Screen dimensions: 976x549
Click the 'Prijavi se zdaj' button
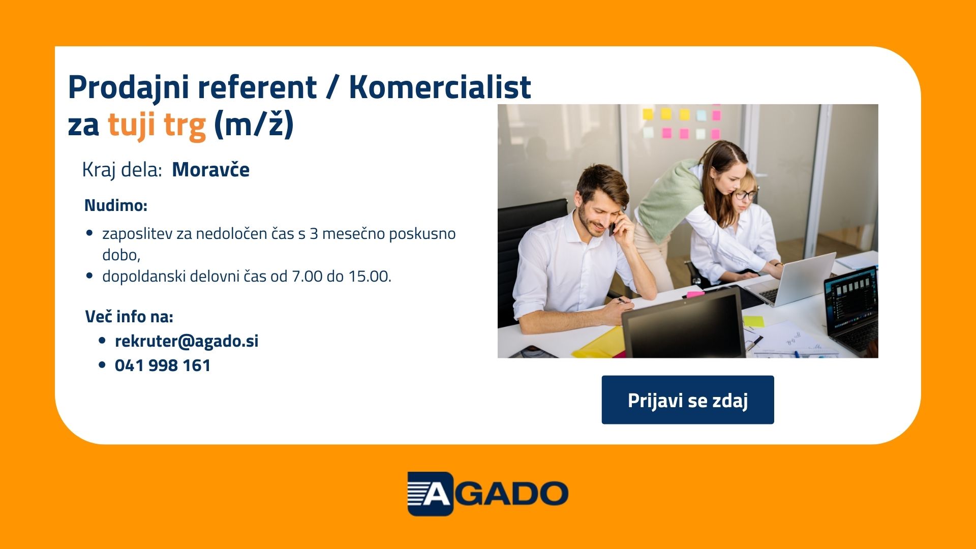tap(688, 400)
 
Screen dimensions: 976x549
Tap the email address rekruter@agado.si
tap(187, 341)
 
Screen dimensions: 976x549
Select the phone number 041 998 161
tap(163, 365)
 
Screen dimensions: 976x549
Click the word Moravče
tap(211, 170)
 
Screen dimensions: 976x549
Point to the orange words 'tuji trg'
tap(157, 125)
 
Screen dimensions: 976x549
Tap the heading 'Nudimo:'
tap(116, 206)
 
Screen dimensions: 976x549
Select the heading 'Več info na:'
tap(129, 317)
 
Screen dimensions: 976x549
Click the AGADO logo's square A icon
tap(430, 494)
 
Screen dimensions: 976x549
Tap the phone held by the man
tap(613, 227)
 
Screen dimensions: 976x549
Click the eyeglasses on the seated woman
tap(745, 194)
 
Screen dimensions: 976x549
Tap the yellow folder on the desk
tap(599, 343)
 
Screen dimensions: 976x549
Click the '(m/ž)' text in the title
tap(254, 125)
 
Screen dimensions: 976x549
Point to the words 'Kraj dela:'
tap(122, 170)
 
